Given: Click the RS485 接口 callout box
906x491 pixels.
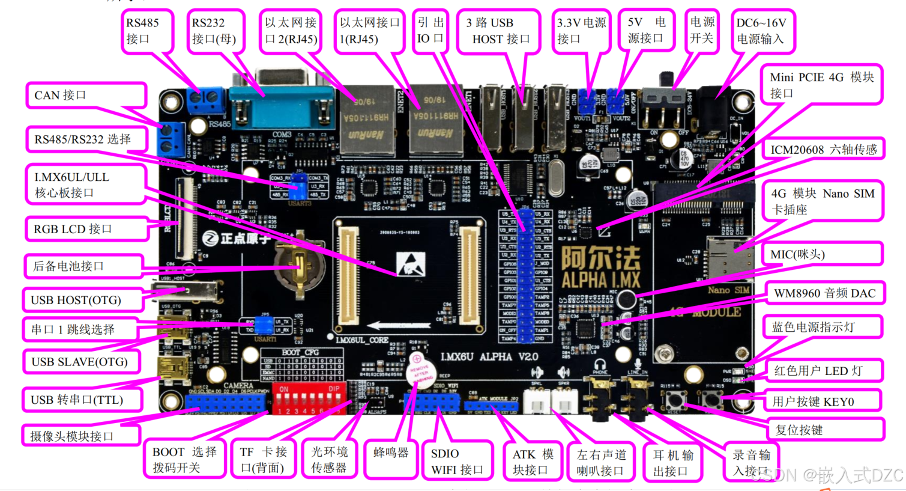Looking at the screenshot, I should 146,31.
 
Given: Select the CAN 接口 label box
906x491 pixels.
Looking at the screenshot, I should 86,95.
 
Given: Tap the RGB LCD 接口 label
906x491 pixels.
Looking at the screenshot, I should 86,229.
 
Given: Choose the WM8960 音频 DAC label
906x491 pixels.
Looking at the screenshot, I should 824,293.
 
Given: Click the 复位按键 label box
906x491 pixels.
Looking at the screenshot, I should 825,430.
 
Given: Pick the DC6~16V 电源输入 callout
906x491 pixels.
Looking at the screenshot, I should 761,31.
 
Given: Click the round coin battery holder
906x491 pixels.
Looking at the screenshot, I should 298,264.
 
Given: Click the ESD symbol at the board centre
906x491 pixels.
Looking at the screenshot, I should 411,264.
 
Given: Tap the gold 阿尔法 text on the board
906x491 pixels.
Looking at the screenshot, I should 600,259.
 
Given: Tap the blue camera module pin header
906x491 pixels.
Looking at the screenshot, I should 227,403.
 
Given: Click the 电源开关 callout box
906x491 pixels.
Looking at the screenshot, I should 701,31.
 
